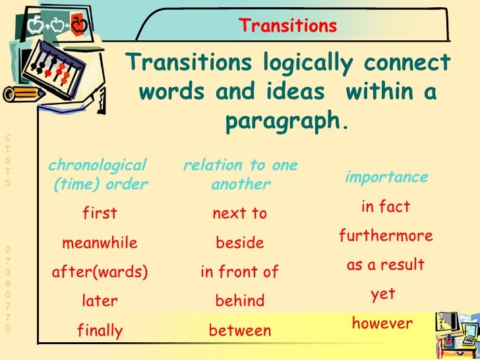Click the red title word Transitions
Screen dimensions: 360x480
click(x=287, y=26)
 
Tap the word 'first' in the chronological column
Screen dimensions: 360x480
click(x=100, y=214)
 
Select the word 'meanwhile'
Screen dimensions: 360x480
click(x=100, y=243)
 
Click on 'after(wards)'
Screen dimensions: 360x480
click(x=100, y=272)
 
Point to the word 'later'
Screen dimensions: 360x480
click(x=100, y=301)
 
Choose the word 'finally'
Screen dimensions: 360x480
click(x=100, y=330)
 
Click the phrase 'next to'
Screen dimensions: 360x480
click(x=240, y=214)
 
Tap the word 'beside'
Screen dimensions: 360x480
click(x=240, y=243)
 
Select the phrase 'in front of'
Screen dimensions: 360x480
click(x=240, y=272)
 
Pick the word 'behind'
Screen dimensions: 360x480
click(x=240, y=301)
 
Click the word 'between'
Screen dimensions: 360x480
click(x=240, y=330)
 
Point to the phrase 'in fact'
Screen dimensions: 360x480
click(x=386, y=207)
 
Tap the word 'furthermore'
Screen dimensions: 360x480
click(x=386, y=236)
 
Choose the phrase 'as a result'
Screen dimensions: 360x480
click(x=386, y=266)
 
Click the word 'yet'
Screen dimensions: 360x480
click(x=383, y=295)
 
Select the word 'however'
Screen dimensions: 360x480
click(x=382, y=324)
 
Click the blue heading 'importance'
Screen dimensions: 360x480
click(x=386, y=178)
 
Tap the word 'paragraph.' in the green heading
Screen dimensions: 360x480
click(x=286, y=122)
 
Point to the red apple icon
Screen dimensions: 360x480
click(x=78, y=26)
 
